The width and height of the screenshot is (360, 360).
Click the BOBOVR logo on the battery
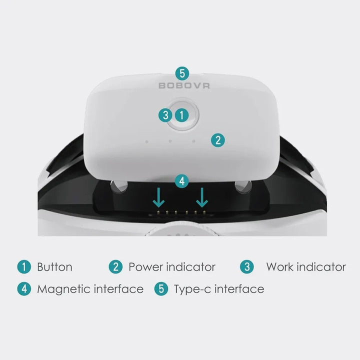(x=184, y=85)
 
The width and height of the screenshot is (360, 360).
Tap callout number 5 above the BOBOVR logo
(x=182, y=73)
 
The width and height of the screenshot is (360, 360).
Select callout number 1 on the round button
(x=182, y=115)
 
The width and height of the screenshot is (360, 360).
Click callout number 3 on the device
(x=165, y=115)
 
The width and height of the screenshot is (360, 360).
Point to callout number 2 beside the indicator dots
(x=218, y=140)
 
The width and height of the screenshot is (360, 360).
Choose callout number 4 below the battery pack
(x=182, y=181)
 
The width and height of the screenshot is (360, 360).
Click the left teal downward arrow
(x=158, y=197)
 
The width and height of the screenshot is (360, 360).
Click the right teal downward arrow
(x=202, y=197)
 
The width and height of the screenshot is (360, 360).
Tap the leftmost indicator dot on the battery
(x=146, y=141)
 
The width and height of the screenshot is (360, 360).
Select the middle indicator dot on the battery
(x=170, y=141)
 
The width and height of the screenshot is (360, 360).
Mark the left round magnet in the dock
(x=118, y=185)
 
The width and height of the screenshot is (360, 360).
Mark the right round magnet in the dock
(x=243, y=186)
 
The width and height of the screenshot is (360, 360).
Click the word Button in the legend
(x=54, y=267)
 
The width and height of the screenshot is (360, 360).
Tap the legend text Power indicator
(x=172, y=267)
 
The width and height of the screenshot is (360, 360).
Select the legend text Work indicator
(x=306, y=267)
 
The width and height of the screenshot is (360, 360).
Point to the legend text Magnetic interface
(x=90, y=289)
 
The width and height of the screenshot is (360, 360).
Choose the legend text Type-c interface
(x=219, y=289)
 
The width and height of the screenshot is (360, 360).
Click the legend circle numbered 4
(x=24, y=289)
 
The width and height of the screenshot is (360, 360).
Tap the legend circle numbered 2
(x=115, y=267)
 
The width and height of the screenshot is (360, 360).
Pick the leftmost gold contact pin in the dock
(x=158, y=212)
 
